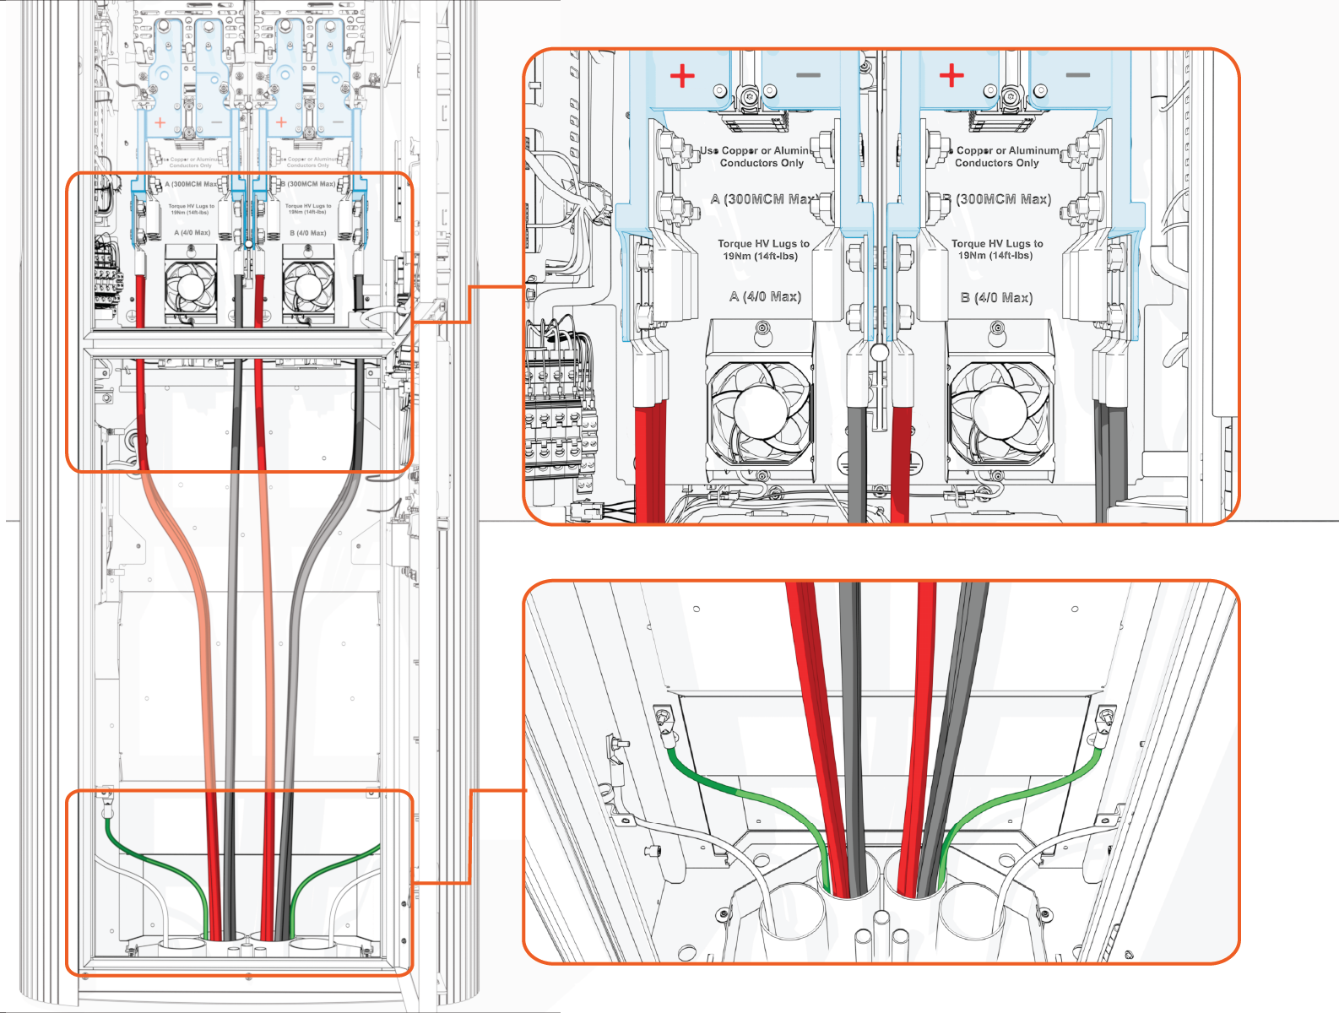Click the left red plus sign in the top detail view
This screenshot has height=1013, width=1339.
(682, 76)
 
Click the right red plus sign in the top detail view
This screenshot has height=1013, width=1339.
(951, 75)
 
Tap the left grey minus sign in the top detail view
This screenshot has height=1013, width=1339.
(808, 75)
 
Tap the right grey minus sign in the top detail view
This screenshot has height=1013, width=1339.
(1077, 75)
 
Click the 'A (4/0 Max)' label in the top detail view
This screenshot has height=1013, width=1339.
(765, 296)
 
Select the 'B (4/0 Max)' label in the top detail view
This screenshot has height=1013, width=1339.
(996, 297)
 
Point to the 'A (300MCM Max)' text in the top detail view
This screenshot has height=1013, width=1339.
(762, 199)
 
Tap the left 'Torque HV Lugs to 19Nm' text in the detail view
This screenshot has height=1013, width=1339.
(763, 249)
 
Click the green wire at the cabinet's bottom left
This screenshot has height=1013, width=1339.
(152, 861)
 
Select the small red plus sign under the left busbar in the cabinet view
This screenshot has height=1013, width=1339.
(160, 123)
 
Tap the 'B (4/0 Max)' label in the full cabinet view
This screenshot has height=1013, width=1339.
(308, 232)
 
